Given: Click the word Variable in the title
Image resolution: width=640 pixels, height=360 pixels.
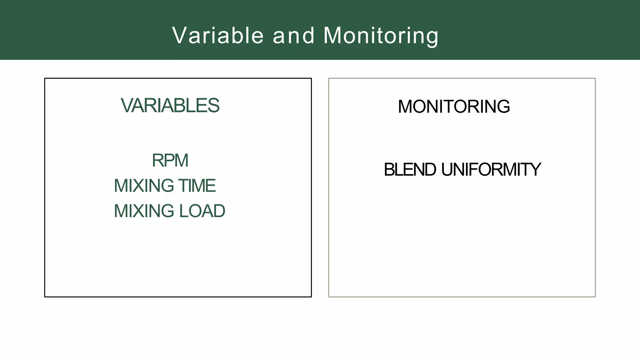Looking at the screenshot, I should (218, 35).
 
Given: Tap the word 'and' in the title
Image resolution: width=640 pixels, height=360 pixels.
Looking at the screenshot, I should (293, 35).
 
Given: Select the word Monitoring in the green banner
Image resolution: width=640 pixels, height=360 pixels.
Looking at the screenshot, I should (381, 35).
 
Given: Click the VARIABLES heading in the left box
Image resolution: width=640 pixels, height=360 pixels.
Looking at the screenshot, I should (170, 106).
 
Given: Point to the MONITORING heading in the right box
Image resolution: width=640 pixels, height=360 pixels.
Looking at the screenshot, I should (454, 107).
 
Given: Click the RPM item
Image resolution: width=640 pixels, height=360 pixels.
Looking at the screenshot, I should (170, 161).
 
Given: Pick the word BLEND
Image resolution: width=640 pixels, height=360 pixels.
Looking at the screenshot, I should (410, 170).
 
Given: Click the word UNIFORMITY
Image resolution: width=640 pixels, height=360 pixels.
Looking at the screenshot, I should (491, 170).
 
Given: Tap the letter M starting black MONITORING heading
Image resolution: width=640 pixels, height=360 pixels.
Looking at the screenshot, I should (405, 107).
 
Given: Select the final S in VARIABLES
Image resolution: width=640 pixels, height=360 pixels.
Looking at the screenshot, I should (214, 106).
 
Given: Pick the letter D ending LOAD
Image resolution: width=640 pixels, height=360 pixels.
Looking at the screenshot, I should (219, 211).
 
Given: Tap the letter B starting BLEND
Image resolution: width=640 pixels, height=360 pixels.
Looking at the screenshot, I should (389, 170).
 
